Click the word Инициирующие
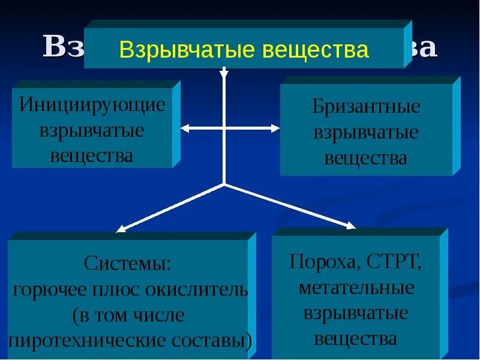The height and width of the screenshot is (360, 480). point(92,104)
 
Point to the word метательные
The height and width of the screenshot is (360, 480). point(356,287)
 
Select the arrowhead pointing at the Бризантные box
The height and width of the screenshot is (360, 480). point(275,128)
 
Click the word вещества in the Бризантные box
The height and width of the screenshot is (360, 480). point(366,158)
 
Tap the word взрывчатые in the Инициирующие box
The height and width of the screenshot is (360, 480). point(92,130)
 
